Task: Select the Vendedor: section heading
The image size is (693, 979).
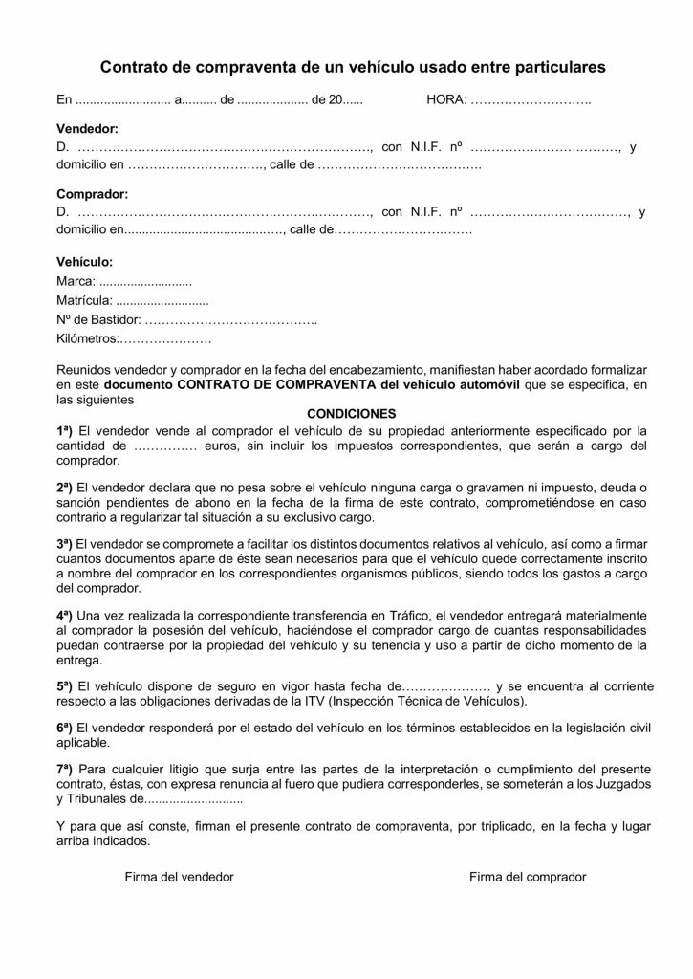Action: (87, 128)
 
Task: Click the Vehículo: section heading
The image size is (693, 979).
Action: (85, 261)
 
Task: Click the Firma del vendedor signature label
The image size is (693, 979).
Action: (179, 877)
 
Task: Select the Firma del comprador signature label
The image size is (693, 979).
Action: (527, 877)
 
